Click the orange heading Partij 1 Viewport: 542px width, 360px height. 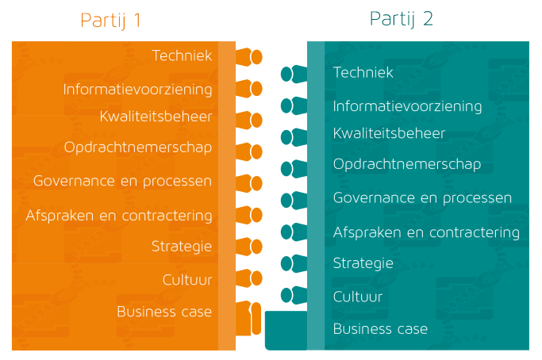pos(110,21)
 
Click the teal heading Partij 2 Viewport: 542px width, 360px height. pos(401,19)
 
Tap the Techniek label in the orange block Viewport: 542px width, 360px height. pos(182,56)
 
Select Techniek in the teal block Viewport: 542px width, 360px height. pos(363,72)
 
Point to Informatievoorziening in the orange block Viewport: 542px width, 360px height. pos(137,90)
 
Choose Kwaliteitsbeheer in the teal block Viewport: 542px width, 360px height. pos(389,133)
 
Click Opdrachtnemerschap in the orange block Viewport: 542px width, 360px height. pos(138,147)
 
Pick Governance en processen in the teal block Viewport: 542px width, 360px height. pos(422,198)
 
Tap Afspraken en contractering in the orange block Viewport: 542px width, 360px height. pos(119,216)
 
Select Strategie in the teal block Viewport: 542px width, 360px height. pos(363,263)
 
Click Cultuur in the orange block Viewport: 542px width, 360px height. pos(187,280)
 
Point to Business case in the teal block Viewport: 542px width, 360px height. pos(380,328)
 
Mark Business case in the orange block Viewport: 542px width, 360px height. pos(164,312)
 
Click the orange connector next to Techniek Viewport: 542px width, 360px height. pos(249,57)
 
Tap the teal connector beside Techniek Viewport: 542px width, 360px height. pos(294,74)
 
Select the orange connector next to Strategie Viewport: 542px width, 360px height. pos(249,247)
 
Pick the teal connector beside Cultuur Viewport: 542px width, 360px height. pos(294,296)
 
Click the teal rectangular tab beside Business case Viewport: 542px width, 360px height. pos(286,331)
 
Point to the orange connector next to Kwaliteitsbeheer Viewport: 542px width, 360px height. pos(249,121)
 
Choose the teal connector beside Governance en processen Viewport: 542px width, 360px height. pos(294,201)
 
